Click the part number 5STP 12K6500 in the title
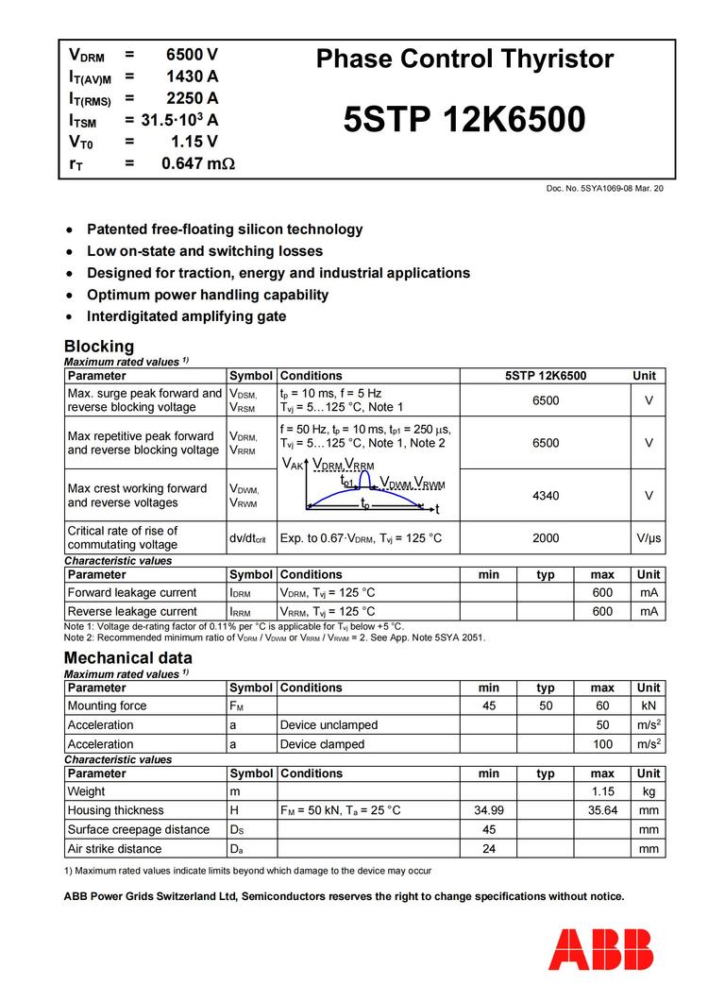click(x=464, y=120)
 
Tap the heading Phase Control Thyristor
click(x=464, y=59)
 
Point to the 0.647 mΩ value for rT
click(x=197, y=163)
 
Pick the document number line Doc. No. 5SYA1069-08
click(x=604, y=189)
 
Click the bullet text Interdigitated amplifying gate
click(x=186, y=316)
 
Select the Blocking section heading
click(x=98, y=346)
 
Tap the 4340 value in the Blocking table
click(x=545, y=495)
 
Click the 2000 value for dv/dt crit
click(x=545, y=537)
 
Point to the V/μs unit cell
click(x=649, y=537)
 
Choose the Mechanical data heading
click(x=127, y=657)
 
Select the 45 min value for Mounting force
click(x=488, y=705)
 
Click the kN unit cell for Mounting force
click(x=649, y=705)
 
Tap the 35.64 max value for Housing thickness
click(x=602, y=810)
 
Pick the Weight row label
click(x=86, y=791)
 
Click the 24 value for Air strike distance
click(x=488, y=848)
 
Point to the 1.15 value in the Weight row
click(x=602, y=791)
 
